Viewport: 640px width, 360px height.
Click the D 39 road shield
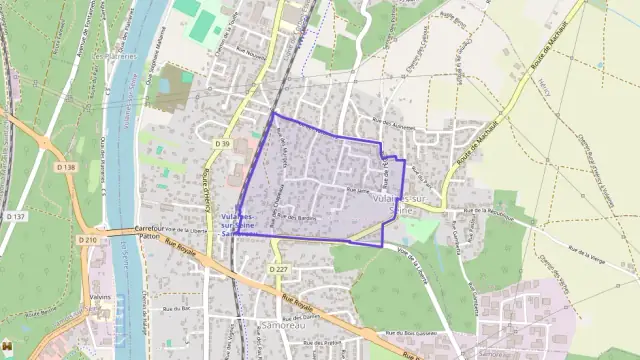click(x=222, y=144)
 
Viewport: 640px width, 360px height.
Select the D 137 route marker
click(x=14, y=216)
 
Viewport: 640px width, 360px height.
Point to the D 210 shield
click(x=90, y=240)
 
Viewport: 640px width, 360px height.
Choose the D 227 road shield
click(x=279, y=269)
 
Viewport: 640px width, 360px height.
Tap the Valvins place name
click(x=101, y=296)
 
